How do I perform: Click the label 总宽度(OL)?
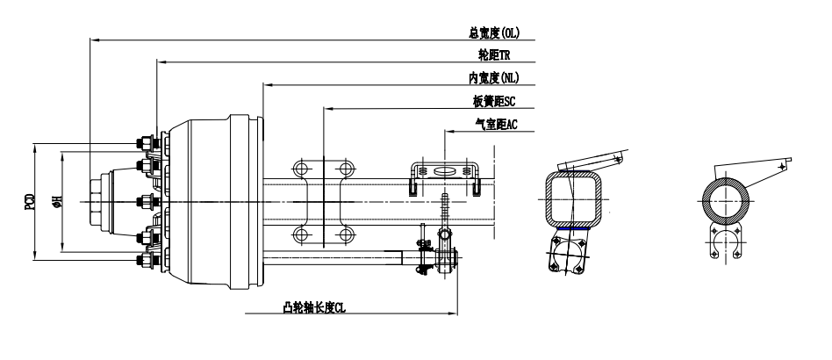(494, 32)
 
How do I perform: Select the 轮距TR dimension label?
(494, 54)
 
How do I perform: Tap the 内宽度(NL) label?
(493, 78)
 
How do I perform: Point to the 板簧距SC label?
(494, 101)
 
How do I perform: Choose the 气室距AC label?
(496, 125)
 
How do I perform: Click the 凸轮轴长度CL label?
(314, 307)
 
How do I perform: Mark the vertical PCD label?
(30, 202)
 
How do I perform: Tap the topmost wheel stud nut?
(144, 143)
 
